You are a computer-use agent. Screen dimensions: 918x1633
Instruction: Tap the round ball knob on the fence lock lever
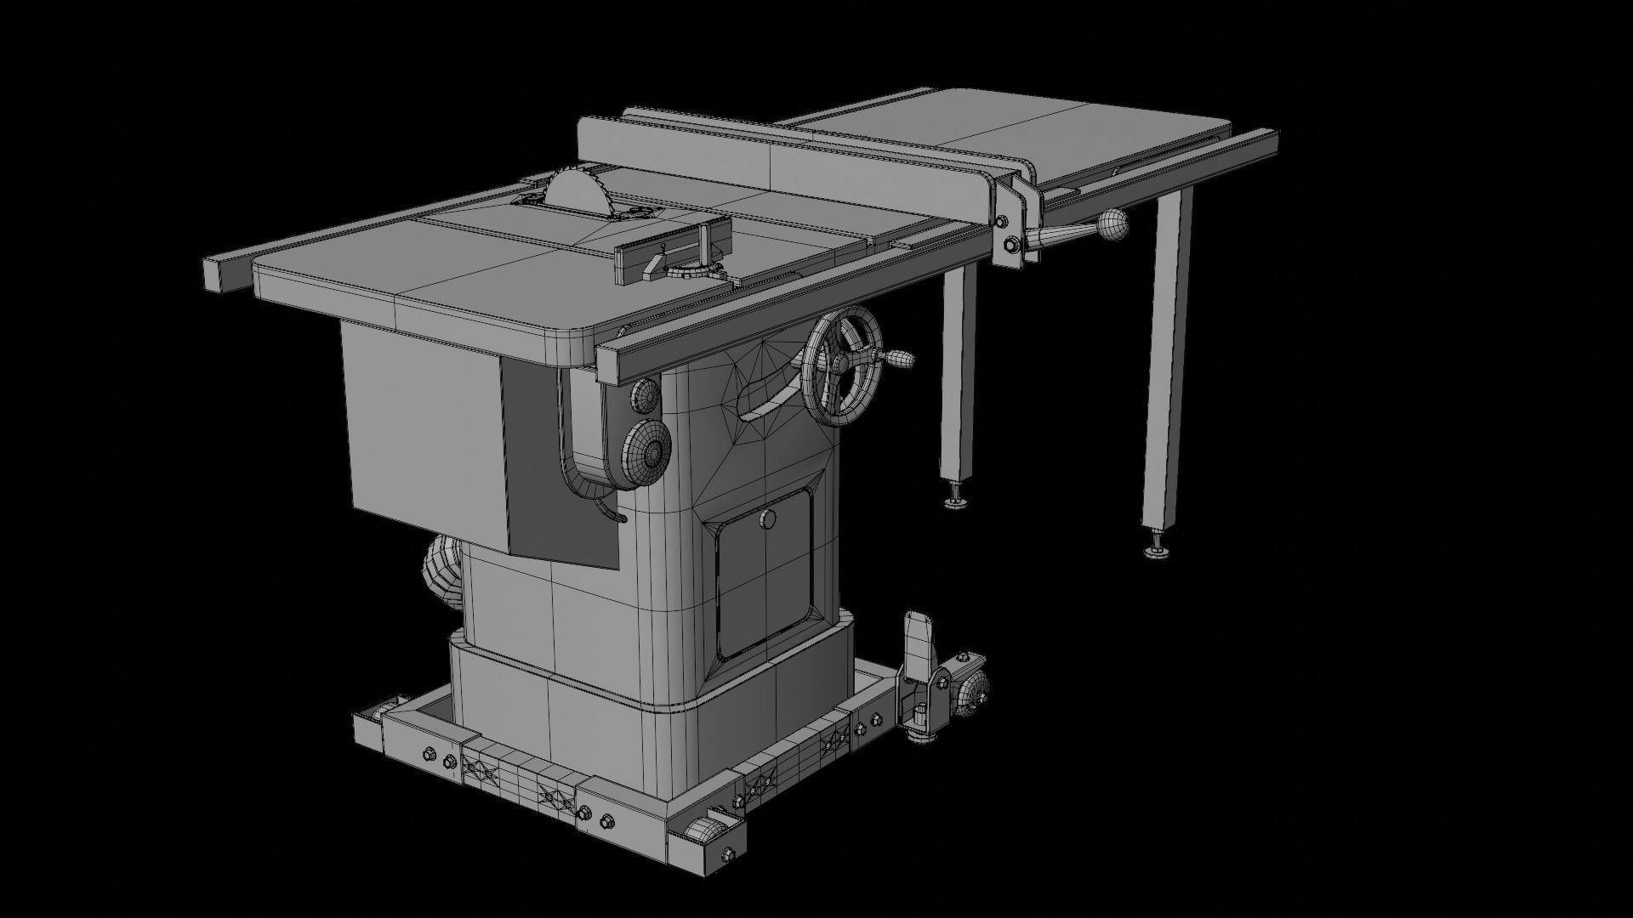1111,226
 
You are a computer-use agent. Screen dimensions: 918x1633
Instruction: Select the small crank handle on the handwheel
899,360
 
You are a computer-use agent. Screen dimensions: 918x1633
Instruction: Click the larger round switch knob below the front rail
648,453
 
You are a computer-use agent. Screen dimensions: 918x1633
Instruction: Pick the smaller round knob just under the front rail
646,395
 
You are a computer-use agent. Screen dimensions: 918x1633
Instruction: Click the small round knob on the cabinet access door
769,519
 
